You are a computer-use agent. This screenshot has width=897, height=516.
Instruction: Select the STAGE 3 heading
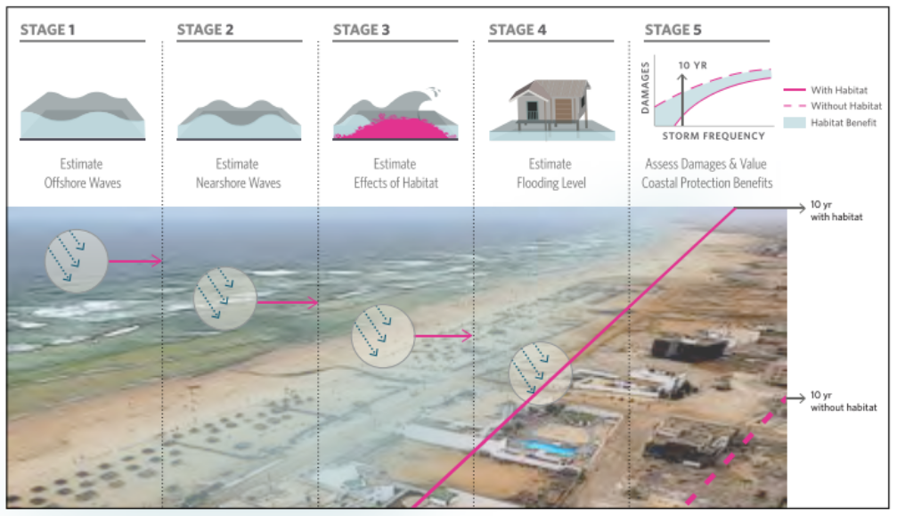[x=361, y=30]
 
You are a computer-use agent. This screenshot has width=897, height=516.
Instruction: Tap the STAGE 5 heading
[x=673, y=30]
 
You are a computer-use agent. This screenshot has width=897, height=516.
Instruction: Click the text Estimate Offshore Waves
[x=81, y=173]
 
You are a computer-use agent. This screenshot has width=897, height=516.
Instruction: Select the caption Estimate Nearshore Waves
[x=238, y=173]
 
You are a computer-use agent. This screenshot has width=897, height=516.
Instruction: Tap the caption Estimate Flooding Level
[x=550, y=173]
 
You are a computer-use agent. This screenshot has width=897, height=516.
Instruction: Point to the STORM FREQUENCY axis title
[x=713, y=136]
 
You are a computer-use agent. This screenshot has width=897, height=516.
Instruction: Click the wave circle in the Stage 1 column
[x=77, y=260]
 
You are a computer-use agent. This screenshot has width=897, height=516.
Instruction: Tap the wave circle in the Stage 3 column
[x=383, y=336]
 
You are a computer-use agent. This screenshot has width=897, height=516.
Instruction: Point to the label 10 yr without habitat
[x=837, y=401]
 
